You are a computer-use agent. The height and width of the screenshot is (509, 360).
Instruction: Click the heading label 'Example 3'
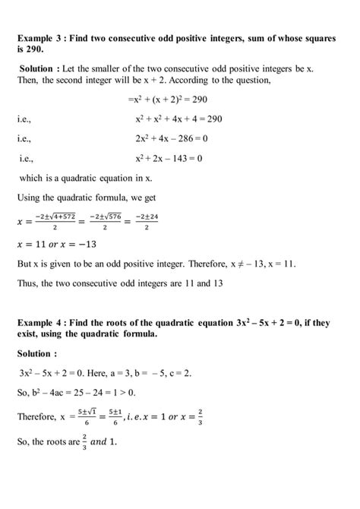(42, 38)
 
